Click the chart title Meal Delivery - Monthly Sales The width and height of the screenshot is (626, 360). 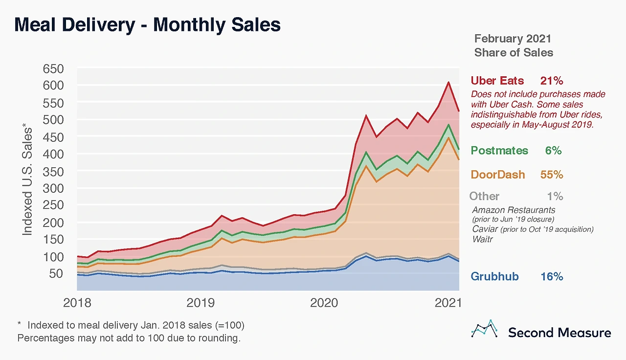[147, 25]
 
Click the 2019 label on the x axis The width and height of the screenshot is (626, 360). [201, 303]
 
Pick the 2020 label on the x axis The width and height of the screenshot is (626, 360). [324, 303]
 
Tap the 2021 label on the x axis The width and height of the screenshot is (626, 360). [448, 303]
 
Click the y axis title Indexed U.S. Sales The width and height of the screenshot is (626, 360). [27, 181]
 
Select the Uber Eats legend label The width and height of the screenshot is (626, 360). [497, 81]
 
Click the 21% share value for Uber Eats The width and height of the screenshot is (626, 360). [551, 81]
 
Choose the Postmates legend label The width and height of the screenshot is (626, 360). [499, 151]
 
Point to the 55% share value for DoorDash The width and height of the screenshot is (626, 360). [551, 175]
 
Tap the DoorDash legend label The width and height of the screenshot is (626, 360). [498, 175]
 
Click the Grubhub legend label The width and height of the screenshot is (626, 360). [494, 276]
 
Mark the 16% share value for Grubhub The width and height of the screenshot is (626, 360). [551, 276]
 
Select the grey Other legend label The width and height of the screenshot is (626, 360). [484, 196]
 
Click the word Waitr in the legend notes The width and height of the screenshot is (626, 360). [482, 239]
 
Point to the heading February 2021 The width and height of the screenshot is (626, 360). [513, 39]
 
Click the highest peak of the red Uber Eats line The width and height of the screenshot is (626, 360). [448, 82]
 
